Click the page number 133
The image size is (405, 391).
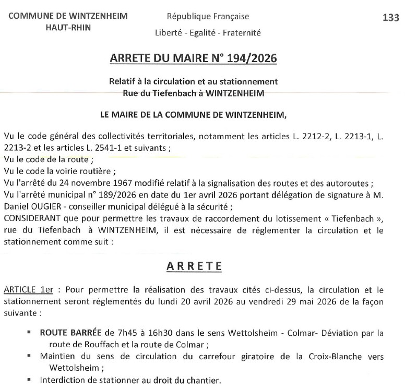[x=390, y=17]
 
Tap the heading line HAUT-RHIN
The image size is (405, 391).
[x=68, y=28]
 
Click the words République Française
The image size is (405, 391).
[x=208, y=17]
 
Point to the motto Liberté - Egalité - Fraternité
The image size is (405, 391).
[x=208, y=33]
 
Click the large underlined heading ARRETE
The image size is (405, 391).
[x=194, y=266]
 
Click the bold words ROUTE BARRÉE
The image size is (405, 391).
[x=70, y=332]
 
